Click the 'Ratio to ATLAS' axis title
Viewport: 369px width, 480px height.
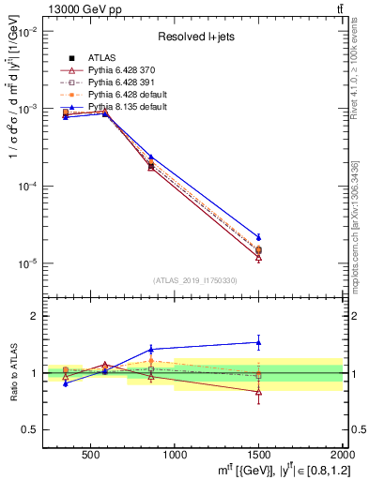[11, 373]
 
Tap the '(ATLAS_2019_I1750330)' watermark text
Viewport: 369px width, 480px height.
[193, 280]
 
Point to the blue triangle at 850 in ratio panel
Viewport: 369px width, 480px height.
[151, 349]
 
